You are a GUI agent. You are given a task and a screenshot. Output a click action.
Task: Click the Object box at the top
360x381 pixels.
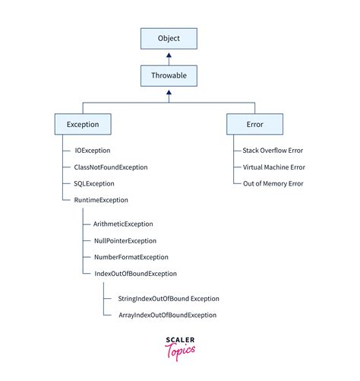pyautogui.click(x=169, y=38)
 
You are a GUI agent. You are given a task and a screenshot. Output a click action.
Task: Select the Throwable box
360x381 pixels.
pyautogui.click(x=169, y=77)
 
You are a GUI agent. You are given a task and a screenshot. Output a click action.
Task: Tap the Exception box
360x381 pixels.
pyautogui.click(x=83, y=124)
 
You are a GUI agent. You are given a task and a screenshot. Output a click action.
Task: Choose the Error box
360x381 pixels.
pyautogui.click(x=254, y=124)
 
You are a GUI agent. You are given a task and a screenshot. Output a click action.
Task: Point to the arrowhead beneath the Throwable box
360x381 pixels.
pyautogui.click(x=169, y=93)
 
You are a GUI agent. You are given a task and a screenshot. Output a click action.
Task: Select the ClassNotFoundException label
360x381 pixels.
pyautogui.click(x=111, y=167)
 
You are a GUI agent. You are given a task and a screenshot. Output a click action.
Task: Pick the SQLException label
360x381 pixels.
pyautogui.click(x=94, y=183)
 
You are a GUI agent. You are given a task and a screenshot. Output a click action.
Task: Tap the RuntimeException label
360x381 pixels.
pyautogui.click(x=101, y=200)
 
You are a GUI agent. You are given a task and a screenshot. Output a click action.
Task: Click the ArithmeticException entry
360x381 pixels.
pyautogui.click(x=123, y=224)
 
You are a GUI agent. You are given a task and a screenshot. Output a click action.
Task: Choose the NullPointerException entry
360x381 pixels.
pyautogui.click(x=125, y=241)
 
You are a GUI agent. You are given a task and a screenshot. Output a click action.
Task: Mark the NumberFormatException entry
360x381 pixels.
pyautogui.click(x=131, y=257)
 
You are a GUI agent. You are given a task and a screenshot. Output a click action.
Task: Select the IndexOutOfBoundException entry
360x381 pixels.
pyautogui.click(x=135, y=273)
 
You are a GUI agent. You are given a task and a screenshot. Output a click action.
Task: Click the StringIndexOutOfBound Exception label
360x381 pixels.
pyautogui.click(x=168, y=299)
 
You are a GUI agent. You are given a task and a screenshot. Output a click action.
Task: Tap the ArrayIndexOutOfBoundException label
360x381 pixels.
pyautogui.click(x=167, y=315)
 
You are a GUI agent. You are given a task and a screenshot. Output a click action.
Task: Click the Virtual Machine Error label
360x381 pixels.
pyautogui.click(x=274, y=167)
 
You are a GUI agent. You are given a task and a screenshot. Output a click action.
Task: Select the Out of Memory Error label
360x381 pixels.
pyautogui.click(x=273, y=183)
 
